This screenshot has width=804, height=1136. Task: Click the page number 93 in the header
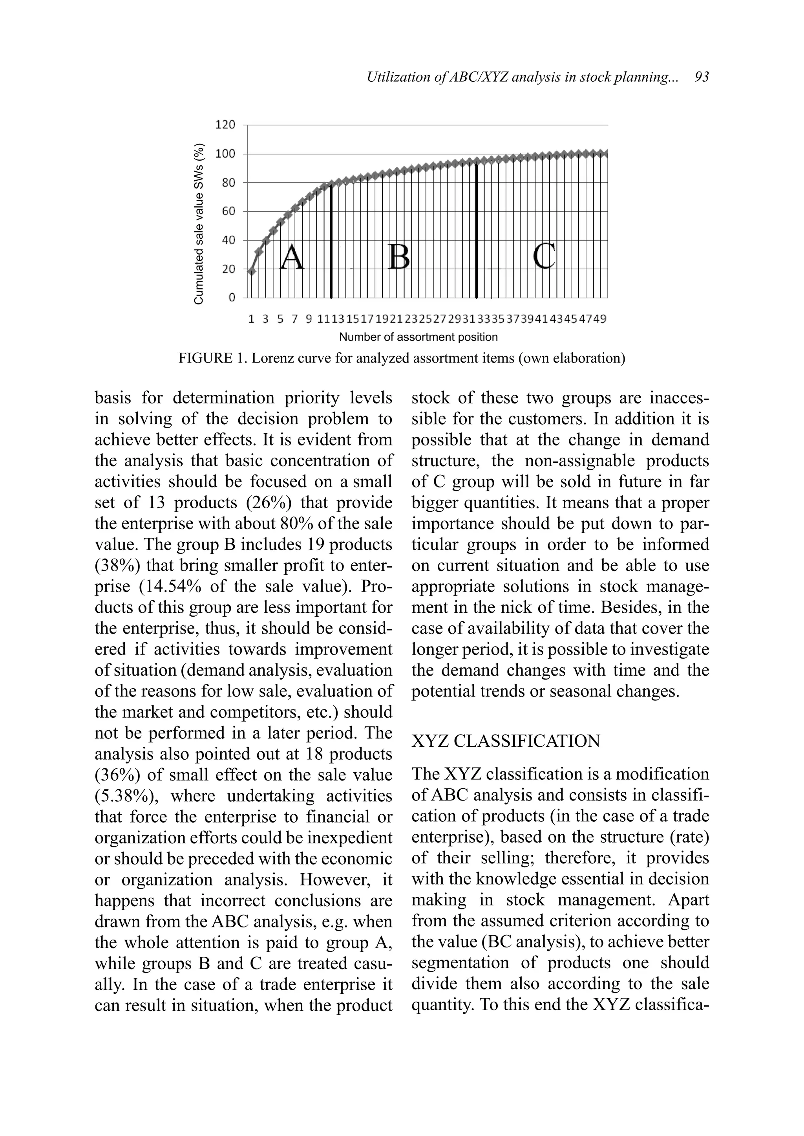(x=702, y=77)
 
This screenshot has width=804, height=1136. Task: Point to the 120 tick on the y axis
(x=225, y=125)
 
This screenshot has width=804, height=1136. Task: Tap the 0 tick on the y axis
(x=232, y=298)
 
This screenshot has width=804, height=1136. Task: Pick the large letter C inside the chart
(x=545, y=256)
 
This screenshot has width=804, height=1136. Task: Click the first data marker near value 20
(x=252, y=271)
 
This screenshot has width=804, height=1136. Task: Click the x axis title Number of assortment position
(x=418, y=337)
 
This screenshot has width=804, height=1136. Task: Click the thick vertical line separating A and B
(x=331, y=243)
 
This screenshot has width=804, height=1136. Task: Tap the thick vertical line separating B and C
(x=476, y=233)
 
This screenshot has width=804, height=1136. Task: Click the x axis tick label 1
(x=251, y=319)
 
